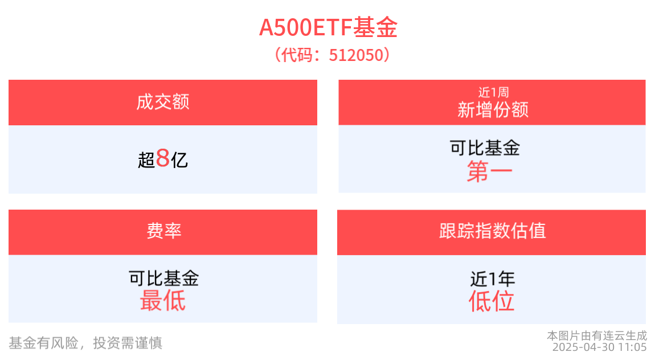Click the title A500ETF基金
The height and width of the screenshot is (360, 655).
[327, 27]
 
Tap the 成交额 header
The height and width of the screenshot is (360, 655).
[163, 102]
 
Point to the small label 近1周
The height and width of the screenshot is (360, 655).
[493, 92]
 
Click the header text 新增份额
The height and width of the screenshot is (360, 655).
[493, 109]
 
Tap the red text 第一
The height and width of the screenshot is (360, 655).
[489, 171]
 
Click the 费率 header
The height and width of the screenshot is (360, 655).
[163, 231]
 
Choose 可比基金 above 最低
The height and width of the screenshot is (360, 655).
[163, 279]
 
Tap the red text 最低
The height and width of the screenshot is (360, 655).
[163, 300]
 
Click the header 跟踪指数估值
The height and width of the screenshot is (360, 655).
[492, 231]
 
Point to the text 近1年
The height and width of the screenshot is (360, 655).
[492, 279]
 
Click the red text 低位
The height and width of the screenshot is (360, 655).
[492, 301]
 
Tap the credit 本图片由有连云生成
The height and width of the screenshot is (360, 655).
[596, 336]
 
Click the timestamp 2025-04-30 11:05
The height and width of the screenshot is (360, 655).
[599, 347]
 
